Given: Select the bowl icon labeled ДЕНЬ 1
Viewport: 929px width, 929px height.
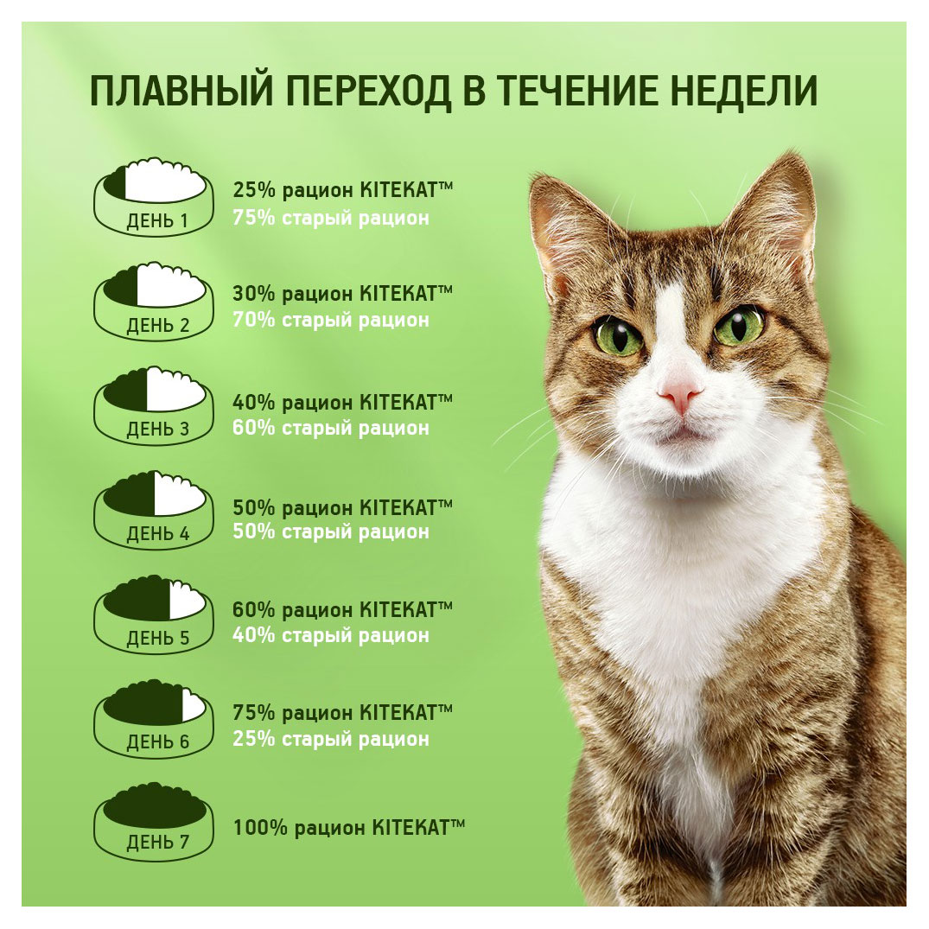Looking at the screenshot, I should pyautogui.click(x=153, y=197).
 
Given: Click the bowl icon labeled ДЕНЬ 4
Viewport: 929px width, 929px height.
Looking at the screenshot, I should pyautogui.click(x=153, y=510).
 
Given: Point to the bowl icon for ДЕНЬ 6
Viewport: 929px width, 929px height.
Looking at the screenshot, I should pyautogui.click(x=153, y=717).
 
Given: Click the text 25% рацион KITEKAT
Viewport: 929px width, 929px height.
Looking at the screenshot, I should pyautogui.click(x=342, y=191).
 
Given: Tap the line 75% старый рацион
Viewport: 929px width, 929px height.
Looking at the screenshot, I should pyautogui.click(x=330, y=218).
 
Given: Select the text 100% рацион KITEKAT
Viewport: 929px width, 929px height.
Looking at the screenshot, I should pyautogui.click(x=348, y=827).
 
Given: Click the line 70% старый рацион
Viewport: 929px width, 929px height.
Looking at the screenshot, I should pyautogui.click(x=330, y=321).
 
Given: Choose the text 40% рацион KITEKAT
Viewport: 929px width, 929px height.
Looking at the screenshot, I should pyautogui.click(x=342, y=402).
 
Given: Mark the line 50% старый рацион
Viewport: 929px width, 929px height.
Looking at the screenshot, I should pyautogui.click(x=330, y=531).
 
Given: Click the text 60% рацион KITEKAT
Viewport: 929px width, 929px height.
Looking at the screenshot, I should pyautogui.click(x=342, y=609).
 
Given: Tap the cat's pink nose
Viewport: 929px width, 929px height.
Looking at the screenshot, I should pyautogui.click(x=679, y=396).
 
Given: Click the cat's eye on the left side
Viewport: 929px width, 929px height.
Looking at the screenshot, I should pyautogui.click(x=618, y=335).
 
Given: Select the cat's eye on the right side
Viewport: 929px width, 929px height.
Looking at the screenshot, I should pyautogui.click(x=739, y=326).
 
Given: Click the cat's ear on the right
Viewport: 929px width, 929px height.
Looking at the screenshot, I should pyautogui.click(x=778, y=207).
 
